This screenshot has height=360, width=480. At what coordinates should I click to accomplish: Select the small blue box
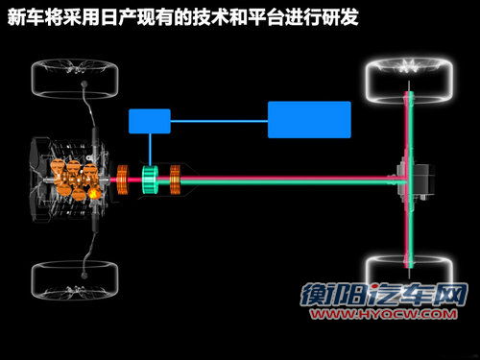150,121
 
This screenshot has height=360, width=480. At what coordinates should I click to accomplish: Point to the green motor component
150,179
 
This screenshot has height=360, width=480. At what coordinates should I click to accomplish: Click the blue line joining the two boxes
219,121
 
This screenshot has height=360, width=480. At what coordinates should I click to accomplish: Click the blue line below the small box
150,149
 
